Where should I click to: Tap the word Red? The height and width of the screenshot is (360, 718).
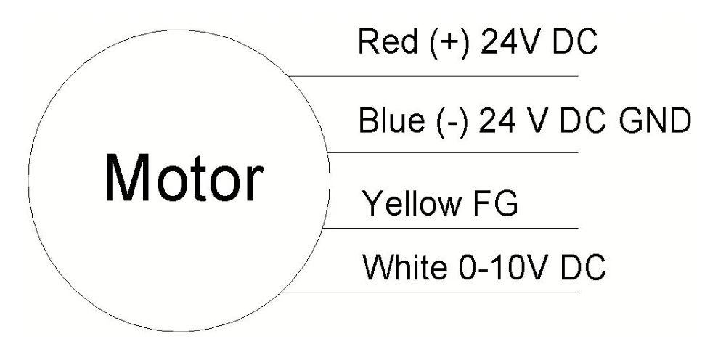[388, 41]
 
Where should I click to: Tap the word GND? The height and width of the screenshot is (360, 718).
[654, 120]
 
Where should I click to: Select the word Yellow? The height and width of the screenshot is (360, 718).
[411, 203]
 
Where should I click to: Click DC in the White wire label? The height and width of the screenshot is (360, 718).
[582, 267]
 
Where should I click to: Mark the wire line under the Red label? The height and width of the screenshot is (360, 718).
[433, 76]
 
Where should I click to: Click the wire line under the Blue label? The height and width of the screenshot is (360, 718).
[452, 152]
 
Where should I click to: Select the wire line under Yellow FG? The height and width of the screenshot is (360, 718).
[450, 228]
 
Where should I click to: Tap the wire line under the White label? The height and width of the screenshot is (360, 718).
[430, 292]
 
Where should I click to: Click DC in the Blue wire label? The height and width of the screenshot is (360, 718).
[583, 120]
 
